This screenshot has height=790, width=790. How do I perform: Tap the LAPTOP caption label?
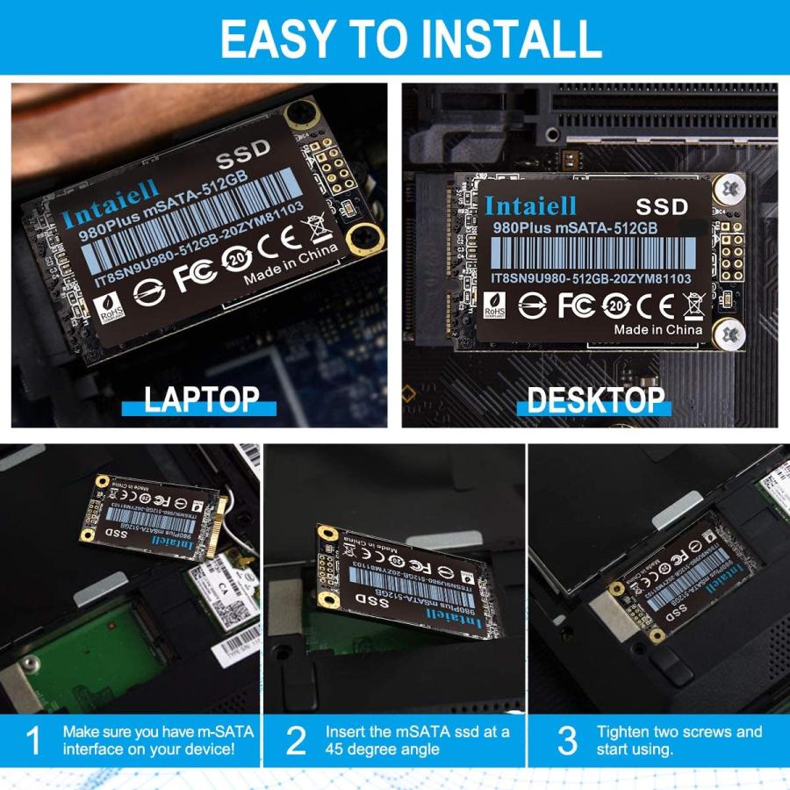[x=201, y=400]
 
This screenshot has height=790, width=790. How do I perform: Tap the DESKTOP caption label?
[x=596, y=400]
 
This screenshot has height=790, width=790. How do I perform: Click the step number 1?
[x=32, y=741]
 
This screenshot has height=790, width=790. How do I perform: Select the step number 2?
[x=297, y=741]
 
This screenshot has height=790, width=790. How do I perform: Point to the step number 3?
[x=568, y=741]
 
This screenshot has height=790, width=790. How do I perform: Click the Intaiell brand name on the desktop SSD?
[x=530, y=206]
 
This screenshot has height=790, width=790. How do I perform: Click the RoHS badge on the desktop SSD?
[x=494, y=305]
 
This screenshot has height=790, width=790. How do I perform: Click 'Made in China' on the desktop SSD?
[x=657, y=330]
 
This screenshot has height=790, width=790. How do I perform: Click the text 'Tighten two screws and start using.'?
[x=679, y=740]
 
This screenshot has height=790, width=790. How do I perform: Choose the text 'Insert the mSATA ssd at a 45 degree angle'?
[x=417, y=740]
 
